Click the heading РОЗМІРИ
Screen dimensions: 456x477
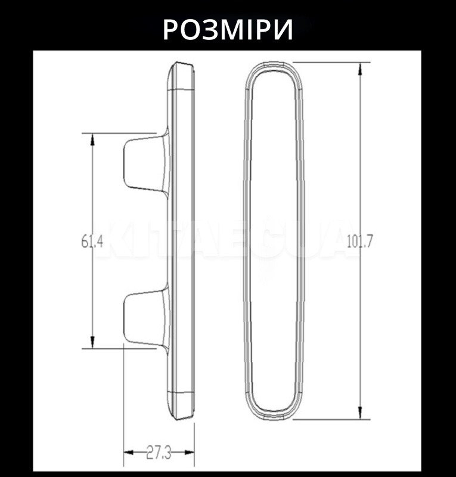228,29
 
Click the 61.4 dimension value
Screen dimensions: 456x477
92,243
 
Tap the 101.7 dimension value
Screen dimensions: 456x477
360,241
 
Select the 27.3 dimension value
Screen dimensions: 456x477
159,453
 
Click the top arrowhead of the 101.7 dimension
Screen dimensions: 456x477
361,69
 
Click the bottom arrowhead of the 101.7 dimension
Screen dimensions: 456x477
361,413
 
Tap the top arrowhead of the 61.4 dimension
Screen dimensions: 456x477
92,140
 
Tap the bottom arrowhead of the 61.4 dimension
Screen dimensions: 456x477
92,342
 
